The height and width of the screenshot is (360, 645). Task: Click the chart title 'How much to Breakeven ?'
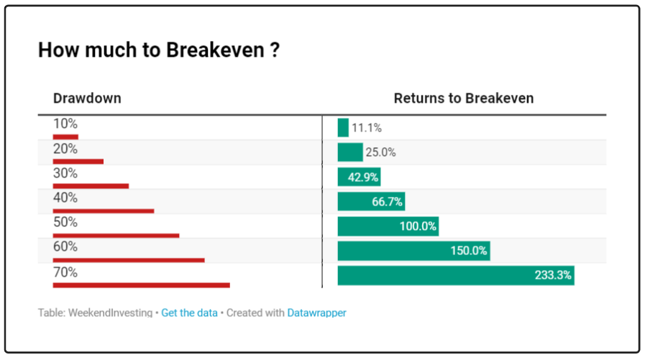[x=159, y=50]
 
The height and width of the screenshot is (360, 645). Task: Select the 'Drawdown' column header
[x=87, y=98]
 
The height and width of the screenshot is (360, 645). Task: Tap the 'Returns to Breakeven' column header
[x=464, y=98]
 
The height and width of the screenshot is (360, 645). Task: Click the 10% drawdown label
[x=65, y=124]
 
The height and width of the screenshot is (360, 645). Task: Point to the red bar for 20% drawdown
[x=78, y=162]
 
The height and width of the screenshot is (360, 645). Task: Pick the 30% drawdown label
[x=65, y=173]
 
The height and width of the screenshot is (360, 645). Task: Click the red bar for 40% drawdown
[x=104, y=211]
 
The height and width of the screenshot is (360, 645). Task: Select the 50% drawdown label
[x=65, y=222]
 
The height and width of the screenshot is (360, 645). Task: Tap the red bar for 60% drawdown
[x=129, y=260]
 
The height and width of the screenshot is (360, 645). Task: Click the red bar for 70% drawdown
[x=142, y=285]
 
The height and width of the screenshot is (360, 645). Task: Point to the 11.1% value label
[x=367, y=128]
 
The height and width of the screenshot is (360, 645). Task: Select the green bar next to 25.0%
[x=350, y=152]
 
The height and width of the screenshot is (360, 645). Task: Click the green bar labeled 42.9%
[x=359, y=177]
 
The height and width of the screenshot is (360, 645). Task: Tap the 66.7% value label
[x=387, y=202]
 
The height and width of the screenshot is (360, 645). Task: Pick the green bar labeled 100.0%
[x=388, y=226]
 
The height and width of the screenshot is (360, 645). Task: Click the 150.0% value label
[x=469, y=251]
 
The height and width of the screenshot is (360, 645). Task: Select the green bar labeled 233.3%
[x=456, y=275]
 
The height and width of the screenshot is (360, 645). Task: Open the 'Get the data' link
[x=189, y=313]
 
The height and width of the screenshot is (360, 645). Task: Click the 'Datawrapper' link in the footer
[x=316, y=313]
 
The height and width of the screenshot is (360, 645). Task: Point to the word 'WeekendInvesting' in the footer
[x=110, y=313]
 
